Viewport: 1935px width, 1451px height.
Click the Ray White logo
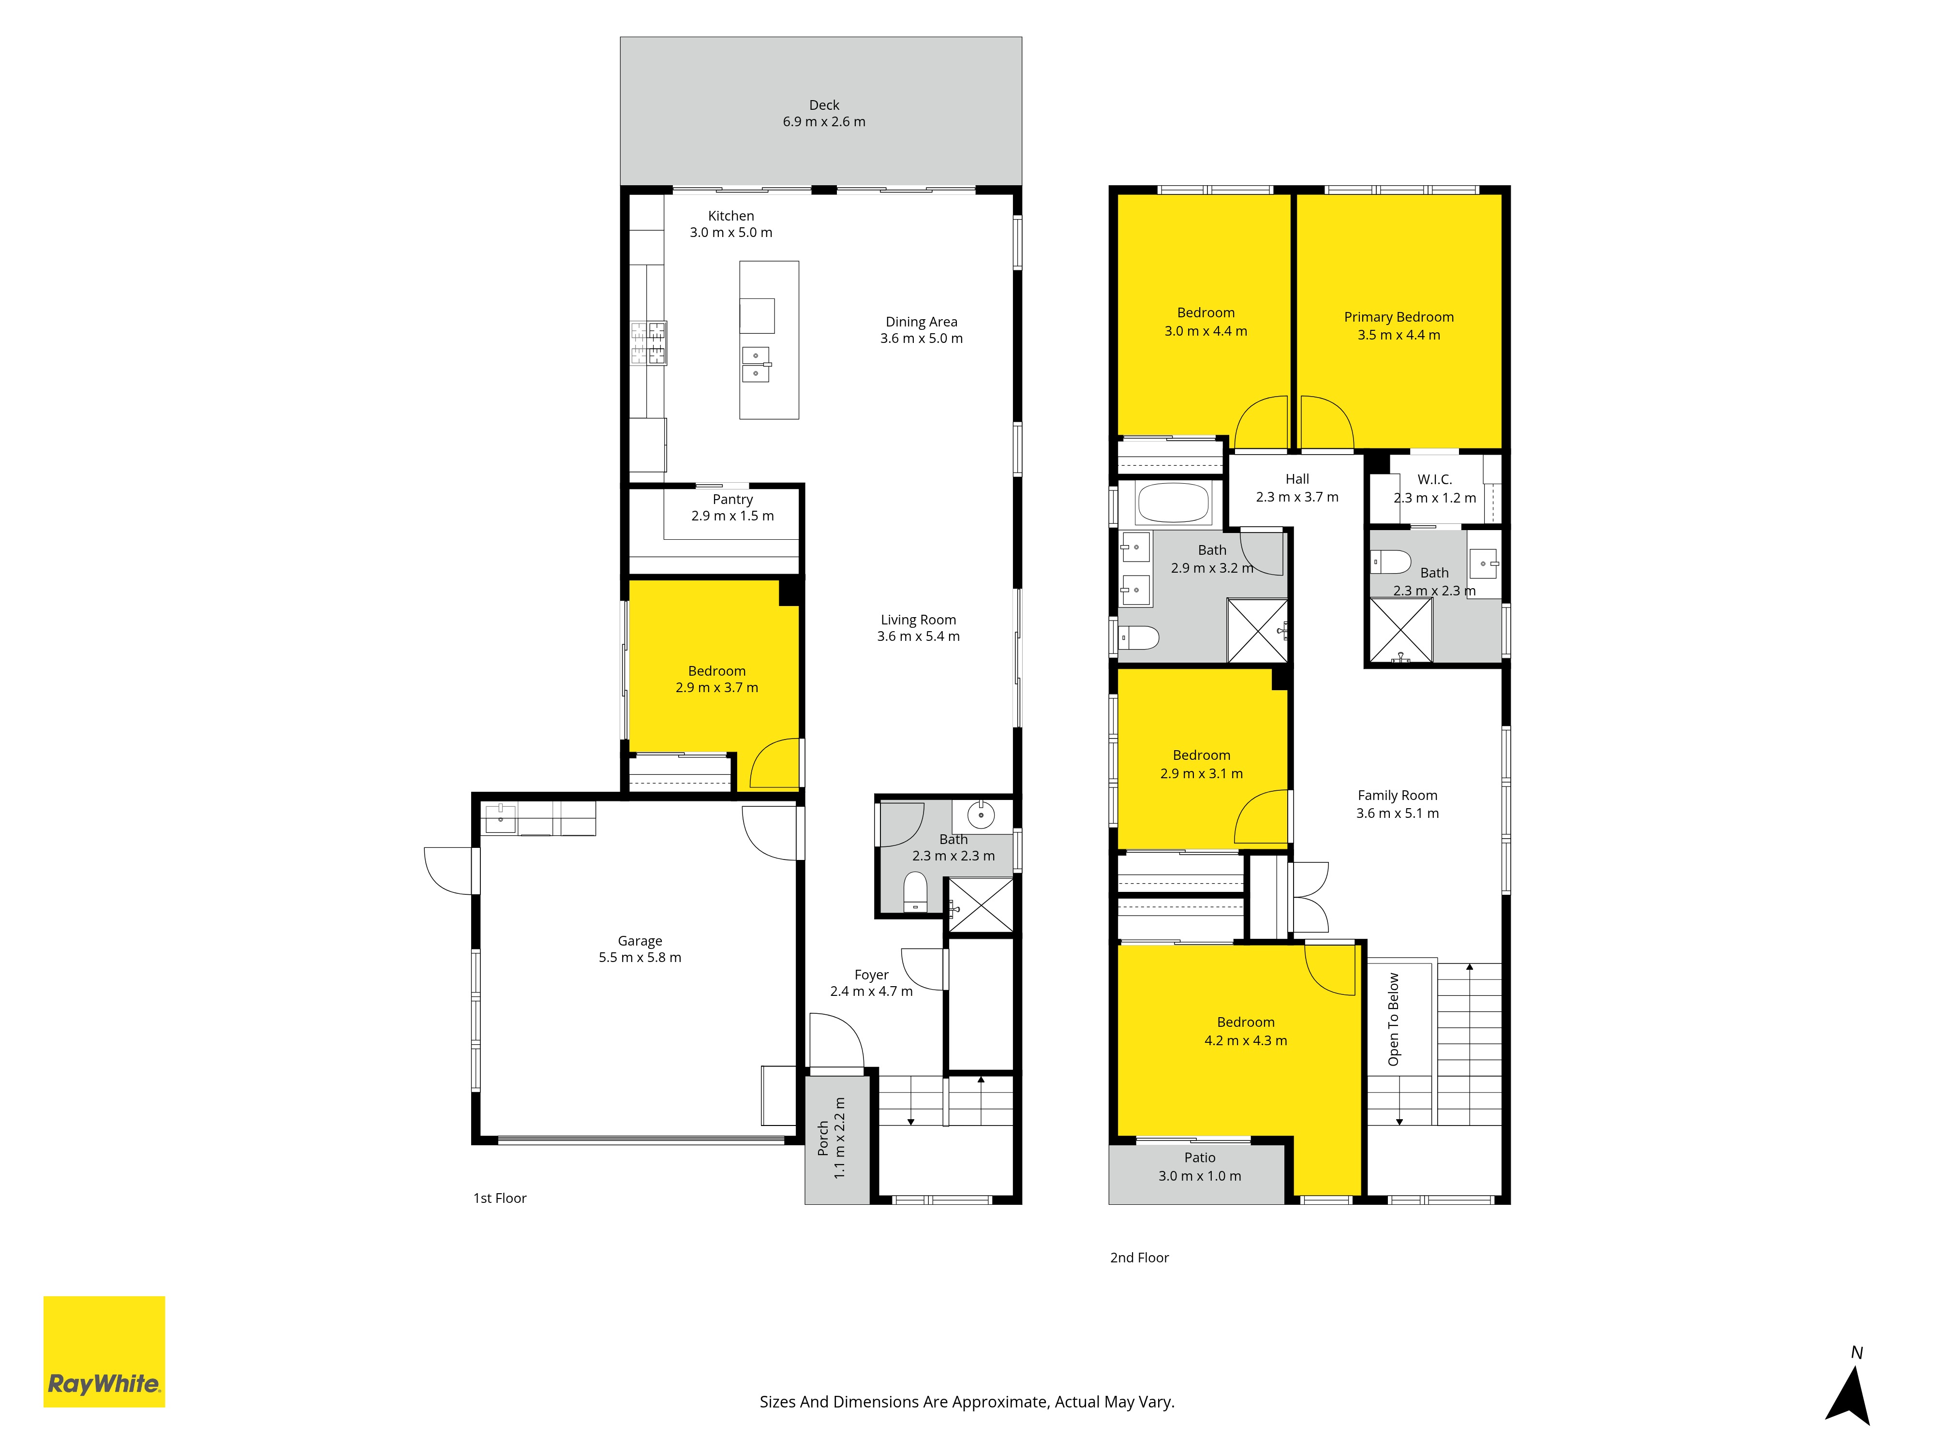[104, 1351]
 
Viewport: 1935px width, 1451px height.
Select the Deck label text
[824, 105]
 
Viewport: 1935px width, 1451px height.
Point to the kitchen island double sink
[756, 365]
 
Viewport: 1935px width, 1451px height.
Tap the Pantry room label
[732, 500]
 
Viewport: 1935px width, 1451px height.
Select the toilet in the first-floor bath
[915, 891]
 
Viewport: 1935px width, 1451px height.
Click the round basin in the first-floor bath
[981, 815]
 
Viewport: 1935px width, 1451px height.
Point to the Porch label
[822, 1138]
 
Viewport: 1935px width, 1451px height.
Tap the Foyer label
[871, 974]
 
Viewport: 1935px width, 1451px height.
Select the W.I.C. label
[1435, 479]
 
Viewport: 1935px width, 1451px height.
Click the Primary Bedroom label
[1399, 317]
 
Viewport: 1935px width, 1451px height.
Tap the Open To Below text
[1394, 1019]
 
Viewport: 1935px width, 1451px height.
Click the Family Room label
[1397, 795]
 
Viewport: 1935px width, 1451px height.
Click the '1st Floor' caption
[500, 1198]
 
